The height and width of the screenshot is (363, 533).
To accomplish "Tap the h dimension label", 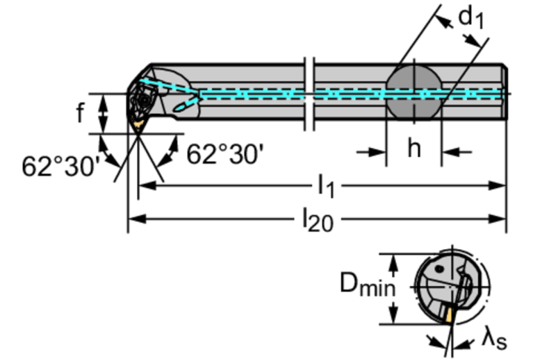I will (x=413, y=149).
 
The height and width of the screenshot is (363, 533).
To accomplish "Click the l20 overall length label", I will (x=317, y=220).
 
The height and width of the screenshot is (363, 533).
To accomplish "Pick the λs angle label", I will (x=495, y=339).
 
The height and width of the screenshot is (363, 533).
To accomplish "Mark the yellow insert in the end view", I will (x=450, y=316).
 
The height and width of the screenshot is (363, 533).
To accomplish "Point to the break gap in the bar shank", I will (x=310, y=94).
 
